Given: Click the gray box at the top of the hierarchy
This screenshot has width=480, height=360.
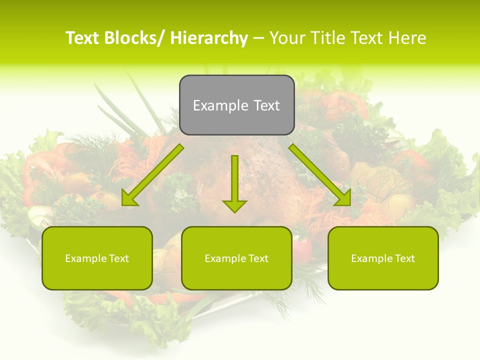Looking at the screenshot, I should tap(236, 105).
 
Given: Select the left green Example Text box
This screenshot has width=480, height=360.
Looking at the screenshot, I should tap(97, 258).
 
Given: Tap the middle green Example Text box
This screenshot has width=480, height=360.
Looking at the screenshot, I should tap(236, 258).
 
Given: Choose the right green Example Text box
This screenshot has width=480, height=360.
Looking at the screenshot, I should tap(383, 258).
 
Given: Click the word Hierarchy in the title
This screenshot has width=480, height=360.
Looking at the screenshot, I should tap(209, 38).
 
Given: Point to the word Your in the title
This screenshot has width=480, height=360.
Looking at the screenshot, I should tap(286, 38).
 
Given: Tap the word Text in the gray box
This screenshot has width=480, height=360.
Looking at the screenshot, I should tap(266, 105).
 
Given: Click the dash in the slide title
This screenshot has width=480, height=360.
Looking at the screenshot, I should tap(258, 38).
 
